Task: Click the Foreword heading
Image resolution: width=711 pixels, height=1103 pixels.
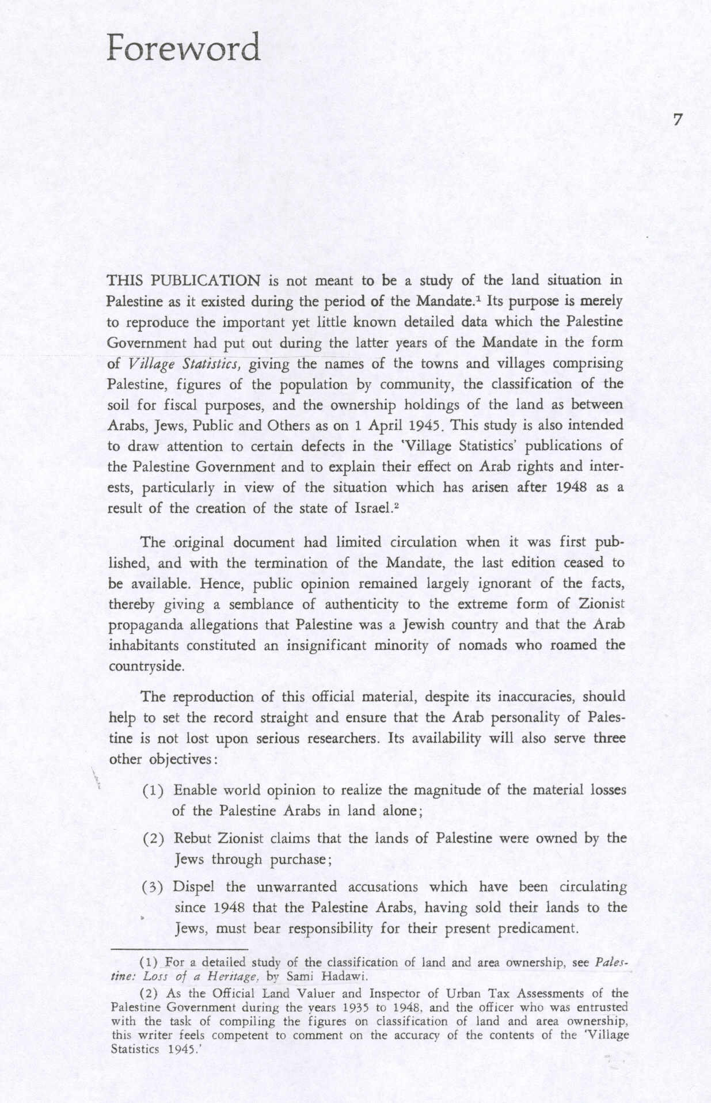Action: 184,48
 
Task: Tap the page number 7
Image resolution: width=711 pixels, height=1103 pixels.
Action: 678,120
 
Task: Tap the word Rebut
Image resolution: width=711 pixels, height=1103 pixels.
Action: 193,838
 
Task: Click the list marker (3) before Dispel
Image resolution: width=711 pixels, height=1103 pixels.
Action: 153,887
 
